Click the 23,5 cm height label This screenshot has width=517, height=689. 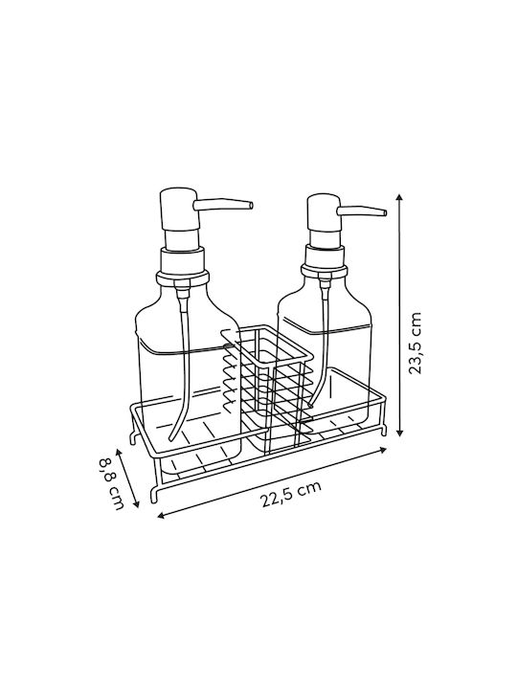coord(415,344)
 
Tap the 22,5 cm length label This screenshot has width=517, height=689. coord(291,494)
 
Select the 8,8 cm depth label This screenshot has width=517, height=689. coord(111,483)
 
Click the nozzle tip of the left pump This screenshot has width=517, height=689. coord(251,205)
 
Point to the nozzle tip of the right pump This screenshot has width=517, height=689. coord(385,213)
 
